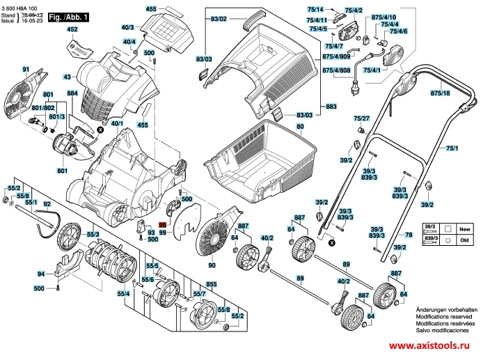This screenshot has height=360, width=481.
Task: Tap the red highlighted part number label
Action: (163, 226)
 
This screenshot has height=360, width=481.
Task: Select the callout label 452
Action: (72, 30)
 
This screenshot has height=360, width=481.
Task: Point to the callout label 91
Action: (26, 69)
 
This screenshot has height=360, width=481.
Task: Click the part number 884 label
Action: (72, 93)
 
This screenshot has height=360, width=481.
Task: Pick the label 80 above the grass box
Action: (300, 127)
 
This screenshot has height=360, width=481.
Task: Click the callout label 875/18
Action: (440, 93)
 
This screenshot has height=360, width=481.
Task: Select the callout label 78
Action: (409, 235)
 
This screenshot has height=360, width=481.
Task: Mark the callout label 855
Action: (212, 284)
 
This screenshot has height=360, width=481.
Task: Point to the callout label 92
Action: (47, 204)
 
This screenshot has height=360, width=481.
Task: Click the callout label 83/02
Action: (219, 16)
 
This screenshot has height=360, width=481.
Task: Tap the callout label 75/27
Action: (361, 119)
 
